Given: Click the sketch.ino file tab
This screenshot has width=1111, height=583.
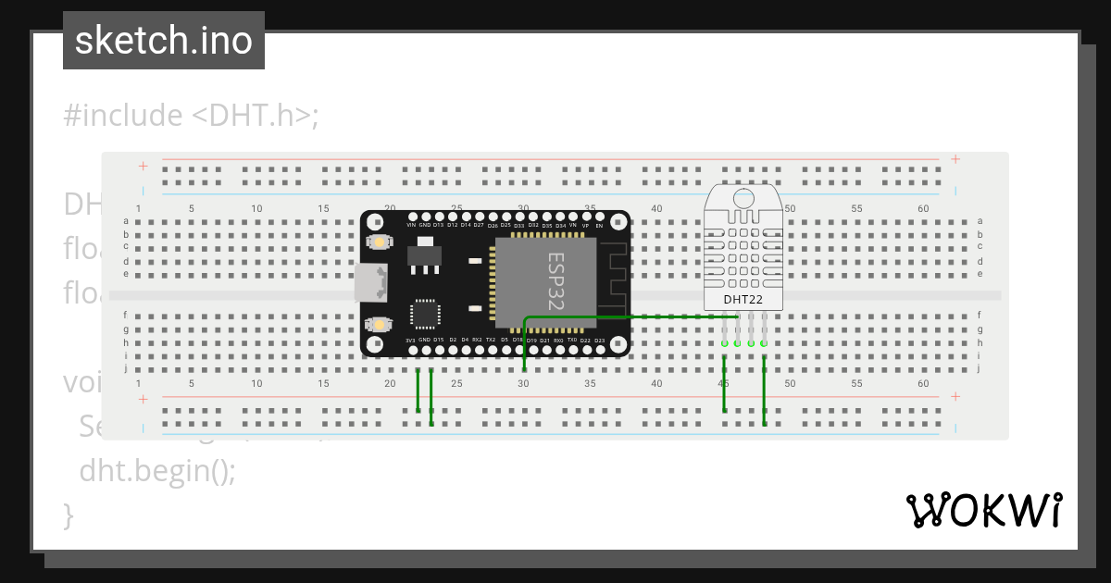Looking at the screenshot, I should [x=163, y=41].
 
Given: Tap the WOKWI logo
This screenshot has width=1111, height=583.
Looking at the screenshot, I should [x=982, y=510].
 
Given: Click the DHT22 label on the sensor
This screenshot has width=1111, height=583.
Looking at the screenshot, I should [x=743, y=299].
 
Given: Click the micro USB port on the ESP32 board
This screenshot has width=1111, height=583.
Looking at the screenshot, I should [x=371, y=282].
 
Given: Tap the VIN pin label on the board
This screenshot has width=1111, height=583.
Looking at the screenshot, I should [x=411, y=225].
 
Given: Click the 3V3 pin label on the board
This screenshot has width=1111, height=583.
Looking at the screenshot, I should [x=411, y=341].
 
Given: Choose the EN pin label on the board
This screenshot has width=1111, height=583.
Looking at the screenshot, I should [x=599, y=225].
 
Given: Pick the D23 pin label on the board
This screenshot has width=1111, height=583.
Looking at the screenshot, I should [x=599, y=341].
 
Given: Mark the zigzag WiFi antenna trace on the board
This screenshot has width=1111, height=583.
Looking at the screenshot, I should [x=616, y=278].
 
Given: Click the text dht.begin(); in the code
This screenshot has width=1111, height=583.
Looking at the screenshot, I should [x=157, y=470].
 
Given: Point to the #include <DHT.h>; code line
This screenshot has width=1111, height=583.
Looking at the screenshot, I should [x=191, y=116].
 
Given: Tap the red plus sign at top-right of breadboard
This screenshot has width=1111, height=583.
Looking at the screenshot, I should [x=955, y=159].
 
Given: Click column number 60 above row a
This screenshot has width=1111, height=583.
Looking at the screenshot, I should [x=923, y=209].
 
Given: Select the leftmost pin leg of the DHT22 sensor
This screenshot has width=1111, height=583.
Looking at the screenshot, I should [x=724, y=330].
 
